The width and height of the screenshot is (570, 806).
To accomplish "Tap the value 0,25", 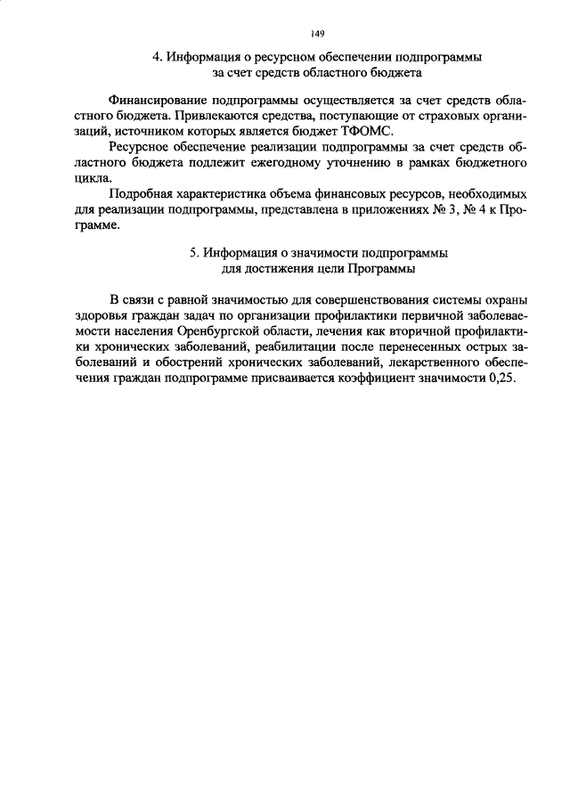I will point(501,377).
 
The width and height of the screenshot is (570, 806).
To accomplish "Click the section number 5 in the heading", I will point(192,252).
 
